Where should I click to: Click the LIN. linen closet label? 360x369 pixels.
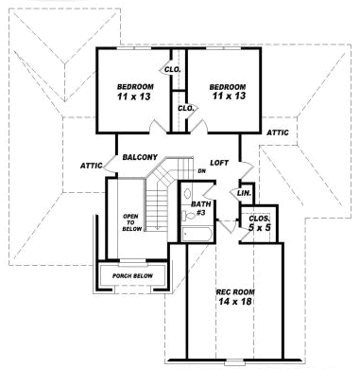[x=244, y=192]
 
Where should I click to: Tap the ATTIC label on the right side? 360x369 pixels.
[x=278, y=132]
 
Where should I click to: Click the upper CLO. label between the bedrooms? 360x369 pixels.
[x=173, y=69]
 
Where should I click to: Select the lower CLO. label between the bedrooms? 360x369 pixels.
[x=185, y=108]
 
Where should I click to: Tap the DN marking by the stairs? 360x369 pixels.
[x=188, y=170]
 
